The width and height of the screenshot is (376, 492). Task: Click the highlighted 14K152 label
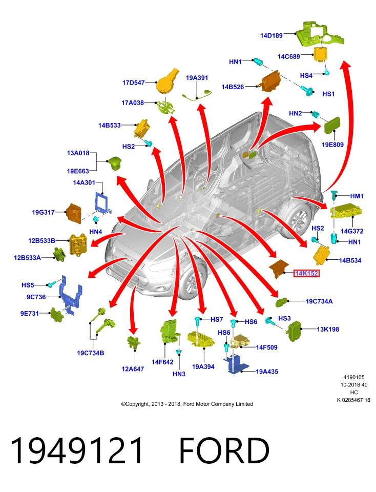click(x=306, y=273)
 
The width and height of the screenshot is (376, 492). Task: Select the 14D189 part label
click(x=271, y=35)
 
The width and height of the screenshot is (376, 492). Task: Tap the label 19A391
click(x=197, y=77)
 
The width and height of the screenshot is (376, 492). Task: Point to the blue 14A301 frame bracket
click(x=102, y=202)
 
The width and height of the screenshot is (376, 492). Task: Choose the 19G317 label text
click(x=43, y=212)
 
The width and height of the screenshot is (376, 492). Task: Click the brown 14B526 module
click(x=270, y=81)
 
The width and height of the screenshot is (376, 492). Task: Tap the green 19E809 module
click(x=332, y=125)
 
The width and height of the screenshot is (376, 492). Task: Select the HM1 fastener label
click(x=357, y=196)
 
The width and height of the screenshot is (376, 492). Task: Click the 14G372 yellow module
click(x=346, y=210)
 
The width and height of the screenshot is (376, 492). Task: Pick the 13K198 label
click(x=328, y=329)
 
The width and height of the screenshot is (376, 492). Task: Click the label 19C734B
click(x=90, y=353)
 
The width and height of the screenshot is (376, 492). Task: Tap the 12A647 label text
click(x=133, y=369)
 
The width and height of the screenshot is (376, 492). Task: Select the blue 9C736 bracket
click(x=70, y=295)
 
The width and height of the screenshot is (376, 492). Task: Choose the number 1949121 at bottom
click(x=76, y=450)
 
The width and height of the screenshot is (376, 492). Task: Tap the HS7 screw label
click(x=217, y=319)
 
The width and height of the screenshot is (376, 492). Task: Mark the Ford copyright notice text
click(x=187, y=404)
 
